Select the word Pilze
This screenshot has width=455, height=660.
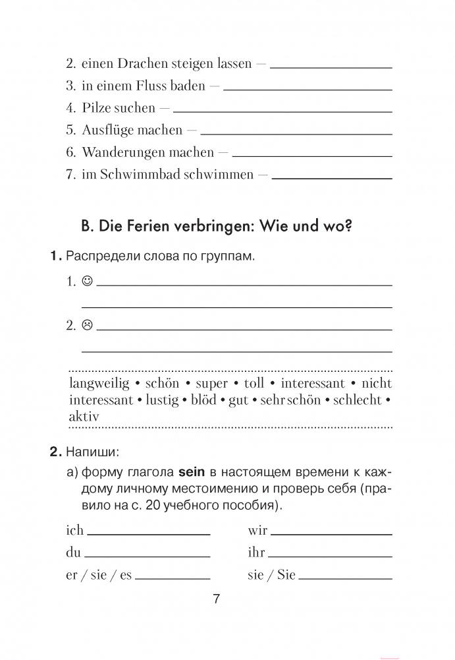point(97,107)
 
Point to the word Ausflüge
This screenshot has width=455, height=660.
point(108,130)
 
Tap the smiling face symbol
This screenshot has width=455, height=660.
point(87,282)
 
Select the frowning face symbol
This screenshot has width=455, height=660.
point(87,324)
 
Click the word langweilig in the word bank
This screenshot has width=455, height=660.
point(97,384)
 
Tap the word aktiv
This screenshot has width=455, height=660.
point(84,417)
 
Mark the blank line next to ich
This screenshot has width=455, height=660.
point(148,532)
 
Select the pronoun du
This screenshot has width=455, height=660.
point(73,553)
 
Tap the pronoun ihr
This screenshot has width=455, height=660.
point(256,553)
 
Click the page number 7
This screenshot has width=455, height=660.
point(217,599)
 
